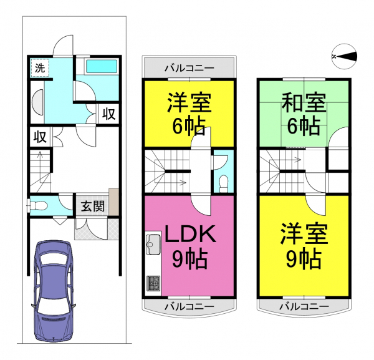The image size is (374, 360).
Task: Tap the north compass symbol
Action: pos(345,57)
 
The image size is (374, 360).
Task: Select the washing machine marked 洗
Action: pos(40,68)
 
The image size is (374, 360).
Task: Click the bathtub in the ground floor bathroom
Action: pos(102,66)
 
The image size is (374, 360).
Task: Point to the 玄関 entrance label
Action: pos(93,207)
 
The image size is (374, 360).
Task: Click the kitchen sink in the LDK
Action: pos(153,245)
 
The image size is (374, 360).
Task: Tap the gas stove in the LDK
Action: pos(153,283)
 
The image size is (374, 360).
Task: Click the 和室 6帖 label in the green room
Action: pos(304,114)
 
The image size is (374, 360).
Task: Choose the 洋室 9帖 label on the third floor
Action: pos(304,246)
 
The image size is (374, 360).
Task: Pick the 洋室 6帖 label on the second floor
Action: pos(189,114)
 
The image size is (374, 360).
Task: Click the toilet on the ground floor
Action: pos(37,205)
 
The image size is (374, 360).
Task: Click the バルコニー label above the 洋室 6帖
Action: pos(189,69)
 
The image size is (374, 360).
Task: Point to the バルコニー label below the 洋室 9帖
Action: pos(304,306)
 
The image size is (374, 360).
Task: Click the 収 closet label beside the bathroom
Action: pos(109,114)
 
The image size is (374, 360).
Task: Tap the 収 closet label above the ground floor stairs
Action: pos(40,137)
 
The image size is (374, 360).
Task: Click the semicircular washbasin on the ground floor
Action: pos(37,102)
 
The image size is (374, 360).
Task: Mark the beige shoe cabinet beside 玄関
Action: pos(114,202)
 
